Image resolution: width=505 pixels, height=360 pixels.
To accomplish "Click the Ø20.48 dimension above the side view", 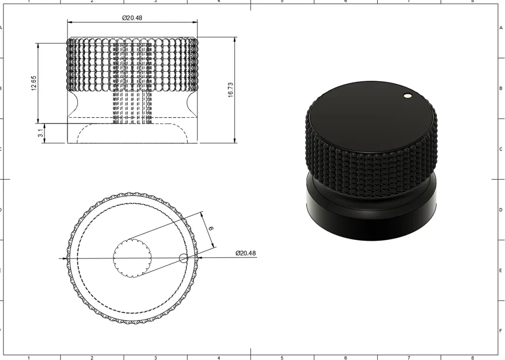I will point(132,18).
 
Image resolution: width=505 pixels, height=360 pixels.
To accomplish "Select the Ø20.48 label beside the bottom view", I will point(245,253).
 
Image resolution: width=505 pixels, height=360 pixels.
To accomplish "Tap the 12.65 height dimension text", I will point(34,83).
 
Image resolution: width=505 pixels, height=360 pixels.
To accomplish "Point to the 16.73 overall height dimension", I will point(230,89).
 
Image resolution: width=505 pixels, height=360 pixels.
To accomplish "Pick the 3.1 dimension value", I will point(40,133).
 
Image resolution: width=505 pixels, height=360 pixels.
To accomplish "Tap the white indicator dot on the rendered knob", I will point(408,95).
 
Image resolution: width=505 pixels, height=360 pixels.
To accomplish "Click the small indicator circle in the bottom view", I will point(183,259).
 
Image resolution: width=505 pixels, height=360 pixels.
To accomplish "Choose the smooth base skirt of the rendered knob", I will point(371,222).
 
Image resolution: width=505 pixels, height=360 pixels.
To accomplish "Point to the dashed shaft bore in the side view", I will point(132,101).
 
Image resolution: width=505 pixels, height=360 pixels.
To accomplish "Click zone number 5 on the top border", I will point(282,2).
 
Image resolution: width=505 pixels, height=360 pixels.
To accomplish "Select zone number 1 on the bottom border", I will point(29,358).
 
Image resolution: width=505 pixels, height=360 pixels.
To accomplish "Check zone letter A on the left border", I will point(2,28).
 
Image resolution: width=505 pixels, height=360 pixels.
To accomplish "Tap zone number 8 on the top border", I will point(472,2).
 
